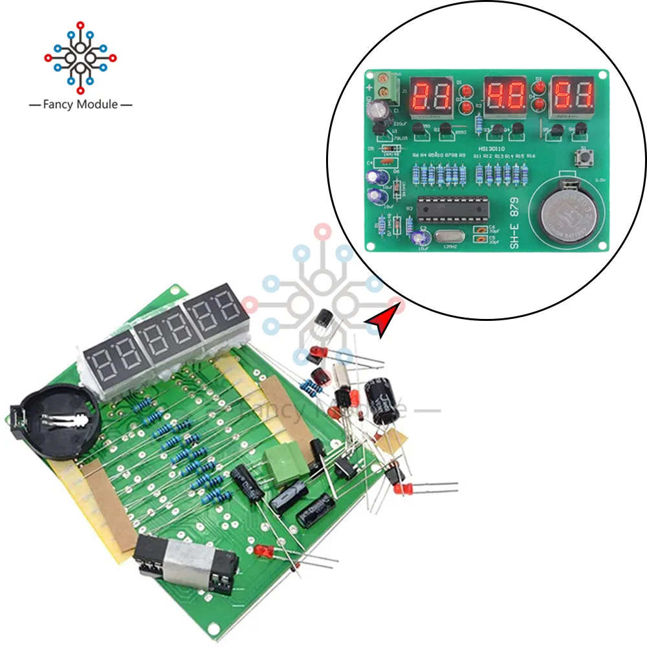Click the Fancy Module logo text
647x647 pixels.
(80, 104)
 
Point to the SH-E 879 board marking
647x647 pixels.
(514, 223)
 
